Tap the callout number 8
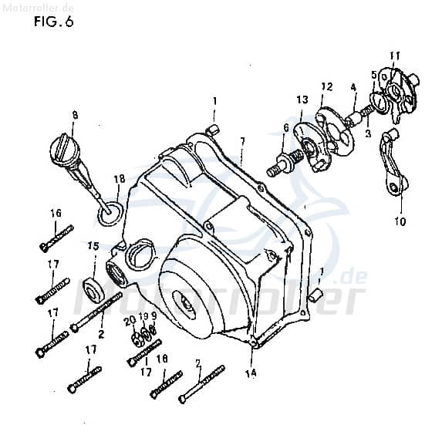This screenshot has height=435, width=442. (75, 116)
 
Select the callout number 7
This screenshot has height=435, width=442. (241, 141)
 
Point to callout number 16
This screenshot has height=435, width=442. (56, 213)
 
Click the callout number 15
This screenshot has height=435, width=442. (93, 246)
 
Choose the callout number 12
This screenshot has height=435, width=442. (326, 86)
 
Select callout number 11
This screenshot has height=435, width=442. (394, 55)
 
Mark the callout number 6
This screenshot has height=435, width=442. (285, 128)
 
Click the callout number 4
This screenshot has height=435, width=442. (353, 88)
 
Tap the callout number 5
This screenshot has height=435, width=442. (374, 75)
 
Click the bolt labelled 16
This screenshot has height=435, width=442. (56, 237)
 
